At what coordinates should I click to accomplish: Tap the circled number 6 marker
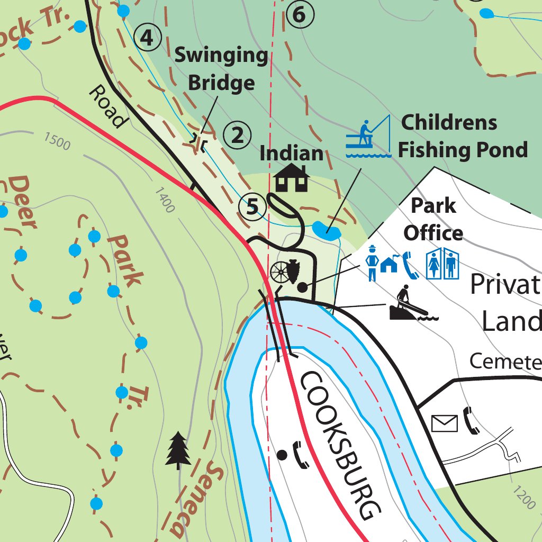(x=300, y=15)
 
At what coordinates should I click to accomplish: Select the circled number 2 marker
(x=237, y=135)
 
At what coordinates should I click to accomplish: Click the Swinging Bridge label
(x=221, y=69)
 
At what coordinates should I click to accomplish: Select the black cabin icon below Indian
(x=291, y=178)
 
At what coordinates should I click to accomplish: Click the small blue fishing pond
(x=327, y=230)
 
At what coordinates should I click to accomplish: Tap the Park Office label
(x=433, y=219)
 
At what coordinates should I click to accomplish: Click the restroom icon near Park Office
(x=442, y=264)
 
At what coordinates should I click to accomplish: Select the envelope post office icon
(x=445, y=423)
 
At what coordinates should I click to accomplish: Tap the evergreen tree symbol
(x=178, y=450)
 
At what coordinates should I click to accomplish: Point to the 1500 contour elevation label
(x=57, y=141)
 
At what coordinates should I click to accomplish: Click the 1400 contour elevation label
(x=165, y=200)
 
